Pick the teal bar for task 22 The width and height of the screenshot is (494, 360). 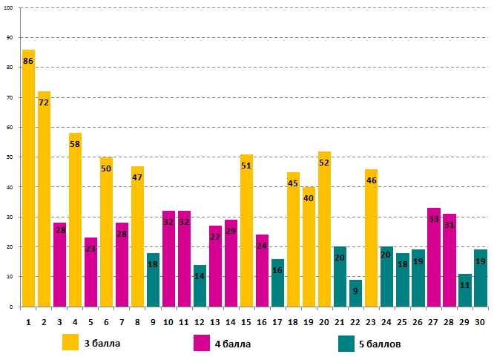355,293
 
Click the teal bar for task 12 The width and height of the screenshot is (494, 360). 200,286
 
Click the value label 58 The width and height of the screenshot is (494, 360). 75,144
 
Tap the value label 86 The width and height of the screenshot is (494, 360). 28,61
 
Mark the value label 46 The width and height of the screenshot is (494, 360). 371,180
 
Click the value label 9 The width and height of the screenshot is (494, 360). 355,291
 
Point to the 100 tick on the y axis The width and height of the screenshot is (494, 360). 9,7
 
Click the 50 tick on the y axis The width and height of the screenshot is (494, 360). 10,157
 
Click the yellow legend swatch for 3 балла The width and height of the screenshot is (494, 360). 70,342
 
